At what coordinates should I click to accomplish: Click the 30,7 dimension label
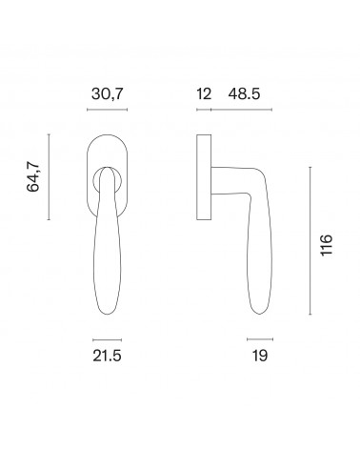[x=107, y=94]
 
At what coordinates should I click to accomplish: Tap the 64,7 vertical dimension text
[x=33, y=176]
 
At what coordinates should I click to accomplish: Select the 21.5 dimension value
[x=107, y=356]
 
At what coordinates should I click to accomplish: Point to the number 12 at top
[x=204, y=94]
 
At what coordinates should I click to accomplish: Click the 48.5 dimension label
[x=244, y=94]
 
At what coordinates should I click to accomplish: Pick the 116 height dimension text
[x=327, y=245]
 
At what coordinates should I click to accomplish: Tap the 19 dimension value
[x=260, y=356]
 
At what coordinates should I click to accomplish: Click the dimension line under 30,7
[x=107, y=110]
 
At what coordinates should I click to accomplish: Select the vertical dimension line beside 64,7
[x=49, y=177]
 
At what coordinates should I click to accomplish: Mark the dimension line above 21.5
[x=107, y=339]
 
